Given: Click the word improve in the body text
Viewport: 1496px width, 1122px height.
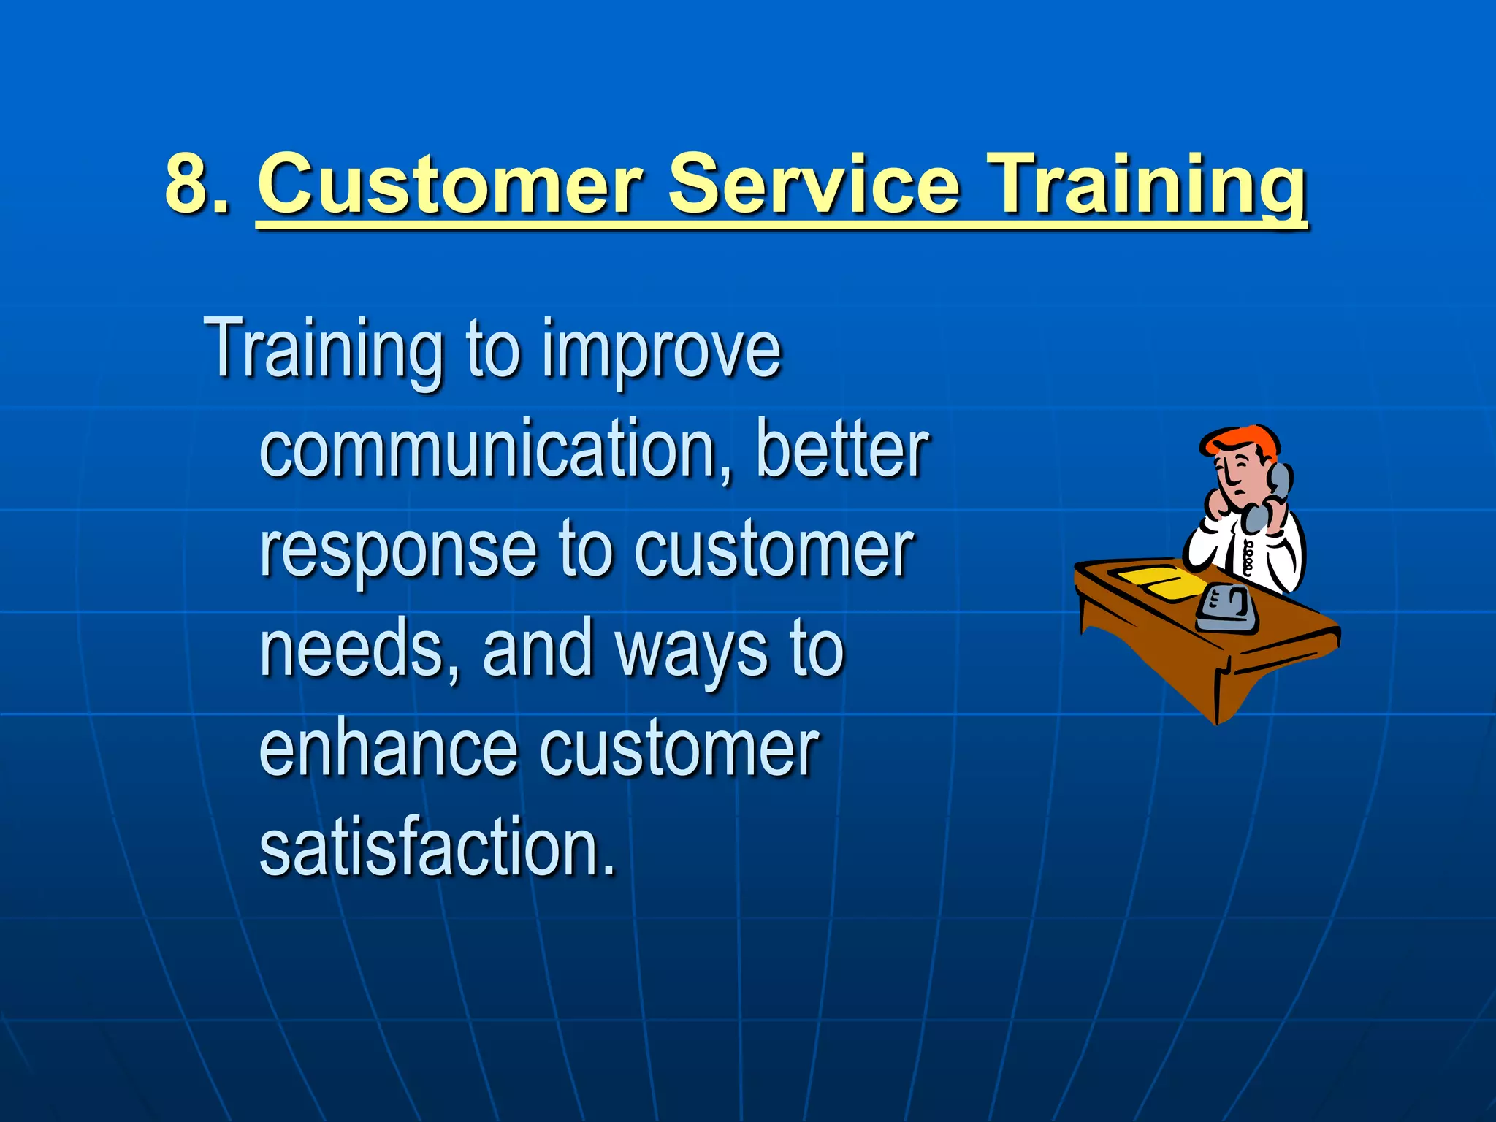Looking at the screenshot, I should click(661, 351).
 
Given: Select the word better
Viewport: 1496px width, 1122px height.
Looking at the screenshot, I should click(841, 449).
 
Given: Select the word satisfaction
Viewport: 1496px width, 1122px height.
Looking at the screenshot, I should click(437, 847).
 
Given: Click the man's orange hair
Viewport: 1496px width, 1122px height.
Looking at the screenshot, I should click(1242, 441).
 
